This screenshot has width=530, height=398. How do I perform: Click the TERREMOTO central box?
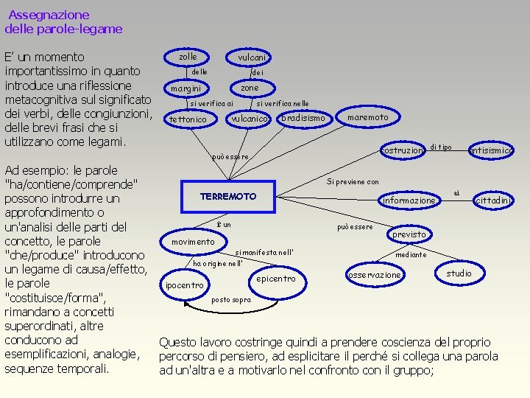pos(228,197)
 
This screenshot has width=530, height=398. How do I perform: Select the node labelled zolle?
pos(188,57)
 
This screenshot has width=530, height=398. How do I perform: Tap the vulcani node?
pos(252,57)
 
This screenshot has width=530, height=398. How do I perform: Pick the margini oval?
pos(185,88)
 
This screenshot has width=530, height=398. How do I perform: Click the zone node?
pos(250,88)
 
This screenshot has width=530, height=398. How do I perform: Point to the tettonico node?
pos(188,119)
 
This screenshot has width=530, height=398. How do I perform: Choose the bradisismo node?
pos(303,118)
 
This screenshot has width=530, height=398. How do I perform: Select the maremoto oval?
pos(367,117)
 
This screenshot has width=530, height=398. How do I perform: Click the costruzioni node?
pos(403,150)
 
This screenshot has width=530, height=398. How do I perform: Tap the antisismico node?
pos(492,150)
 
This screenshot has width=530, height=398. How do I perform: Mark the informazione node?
pos(409,200)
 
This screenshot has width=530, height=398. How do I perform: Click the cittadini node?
pos(494,200)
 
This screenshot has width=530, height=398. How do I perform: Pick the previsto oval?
pos(409,234)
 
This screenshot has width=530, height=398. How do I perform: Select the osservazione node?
pos(375,275)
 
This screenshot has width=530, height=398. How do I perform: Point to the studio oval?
pos(459,273)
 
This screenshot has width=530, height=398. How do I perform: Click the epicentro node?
pos(278,279)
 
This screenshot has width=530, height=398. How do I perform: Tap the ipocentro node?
pos(185,285)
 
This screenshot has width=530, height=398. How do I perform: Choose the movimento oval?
pos(193,242)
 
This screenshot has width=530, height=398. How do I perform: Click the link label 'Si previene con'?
pos(353,181)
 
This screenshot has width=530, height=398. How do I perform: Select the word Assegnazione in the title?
pos(49,15)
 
